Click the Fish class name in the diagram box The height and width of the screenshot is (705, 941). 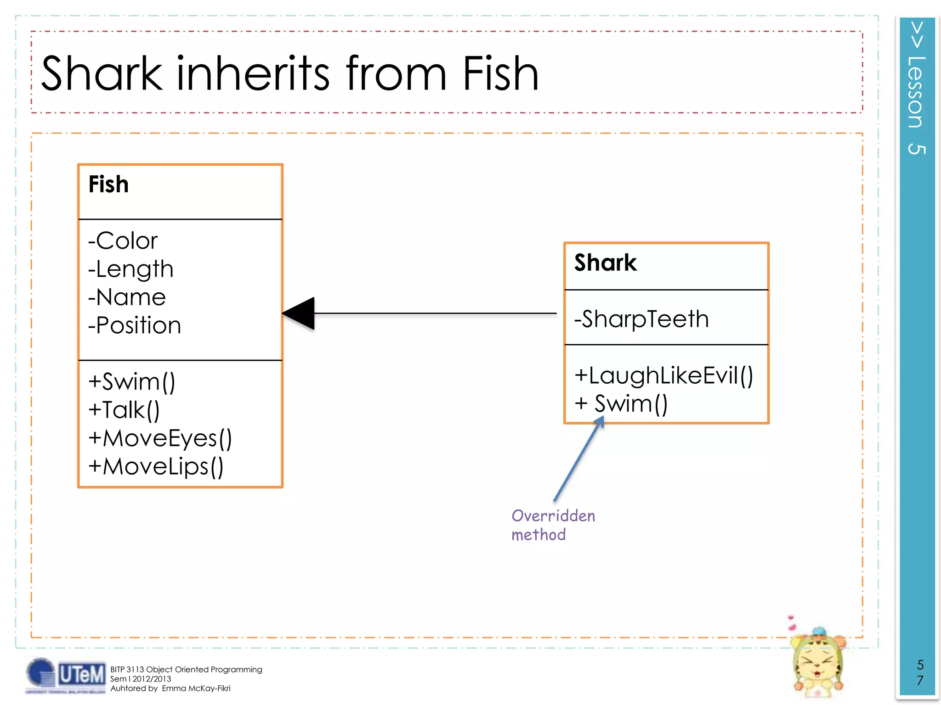[x=108, y=185]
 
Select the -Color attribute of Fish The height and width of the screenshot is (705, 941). [x=123, y=241]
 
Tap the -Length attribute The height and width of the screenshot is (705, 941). [x=131, y=269]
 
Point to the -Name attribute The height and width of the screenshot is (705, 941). [x=127, y=297]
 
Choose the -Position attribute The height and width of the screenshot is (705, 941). [x=135, y=325]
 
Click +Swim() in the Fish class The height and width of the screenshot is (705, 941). [x=132, y=382]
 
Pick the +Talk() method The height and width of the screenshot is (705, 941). [x=124, y=410]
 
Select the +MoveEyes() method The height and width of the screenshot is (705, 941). [x=160, y=438]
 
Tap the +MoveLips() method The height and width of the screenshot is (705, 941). [x=156, y=466]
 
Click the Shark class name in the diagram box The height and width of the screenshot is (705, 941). [x=605, y=263]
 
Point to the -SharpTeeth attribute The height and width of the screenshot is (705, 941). [x=641, y=319]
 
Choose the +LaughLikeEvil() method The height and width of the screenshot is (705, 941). [x=663, y=375]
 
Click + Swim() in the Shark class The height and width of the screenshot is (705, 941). [x=621, y=404]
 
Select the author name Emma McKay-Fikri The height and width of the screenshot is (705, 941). [x=196, y=688]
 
